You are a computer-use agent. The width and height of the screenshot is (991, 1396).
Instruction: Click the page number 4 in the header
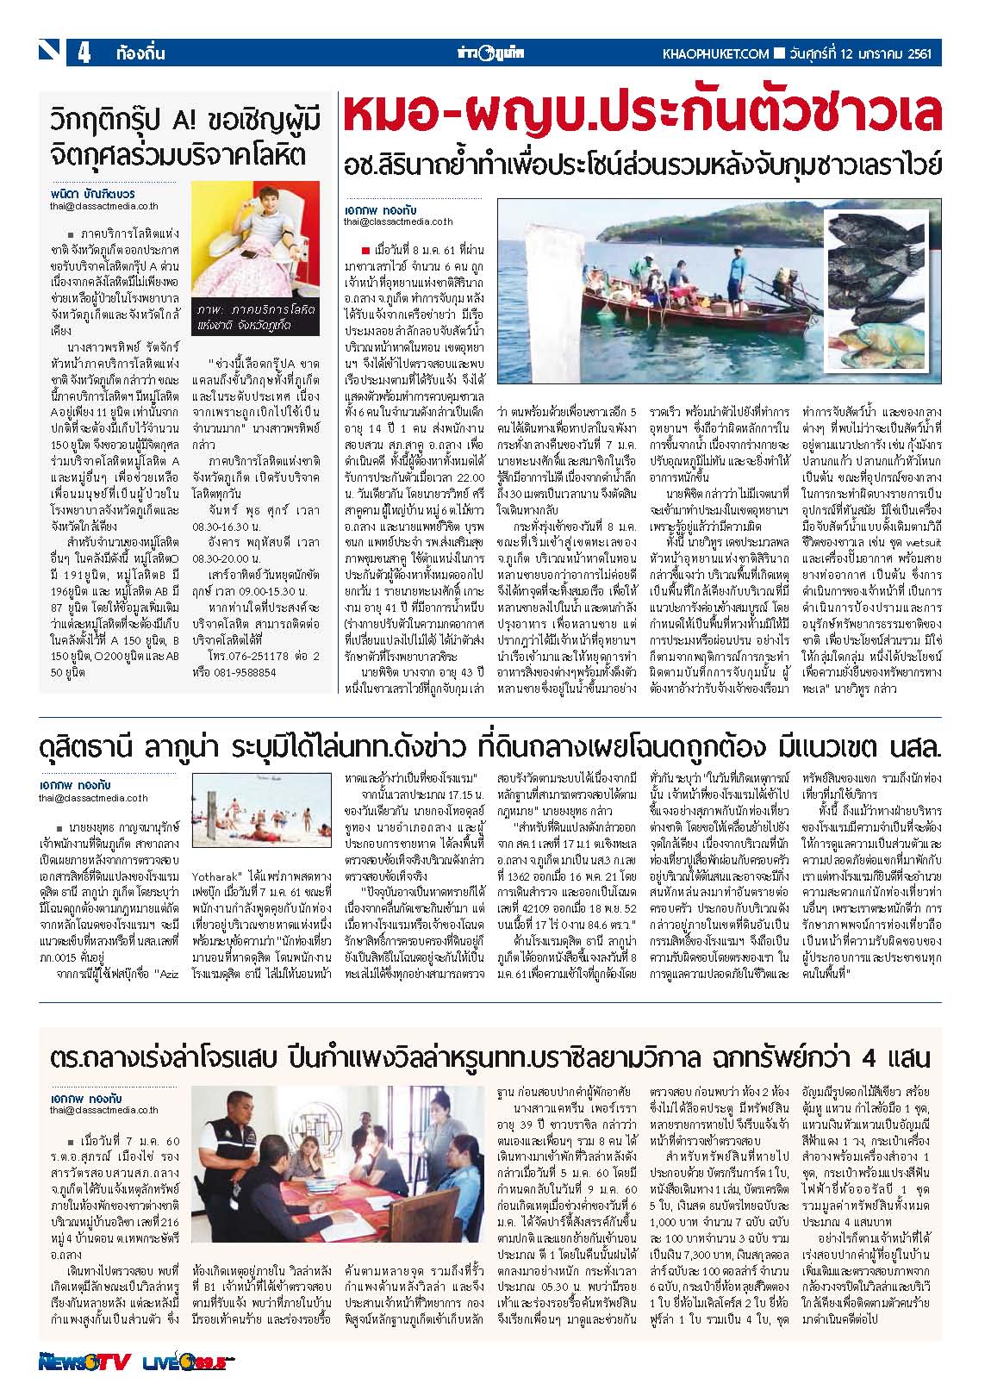[84, 53]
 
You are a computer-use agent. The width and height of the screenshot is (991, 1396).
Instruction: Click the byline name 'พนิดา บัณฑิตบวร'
[93, 195]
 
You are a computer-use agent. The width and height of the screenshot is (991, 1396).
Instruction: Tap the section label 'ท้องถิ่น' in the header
[140, 53]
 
